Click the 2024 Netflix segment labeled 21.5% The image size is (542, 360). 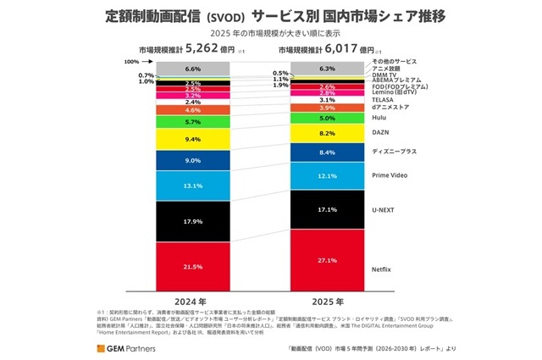[x=192, y=267]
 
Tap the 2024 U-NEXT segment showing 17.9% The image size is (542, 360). [x=192, y=222]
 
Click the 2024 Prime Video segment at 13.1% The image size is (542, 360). [x=192, y=186]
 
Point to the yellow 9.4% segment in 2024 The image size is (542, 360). [x=192, y=139]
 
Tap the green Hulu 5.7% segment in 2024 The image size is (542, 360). [x=192, y=122]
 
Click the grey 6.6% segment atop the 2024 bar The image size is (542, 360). [x=192, y=69]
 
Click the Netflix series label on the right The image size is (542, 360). [x=384, y=269]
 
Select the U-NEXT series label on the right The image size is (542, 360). [x=384, y=208]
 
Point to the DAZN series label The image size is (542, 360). [x=380, y=133]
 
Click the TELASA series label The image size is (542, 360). [x=383, y=98]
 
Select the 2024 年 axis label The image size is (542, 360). [x=193, y=302]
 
